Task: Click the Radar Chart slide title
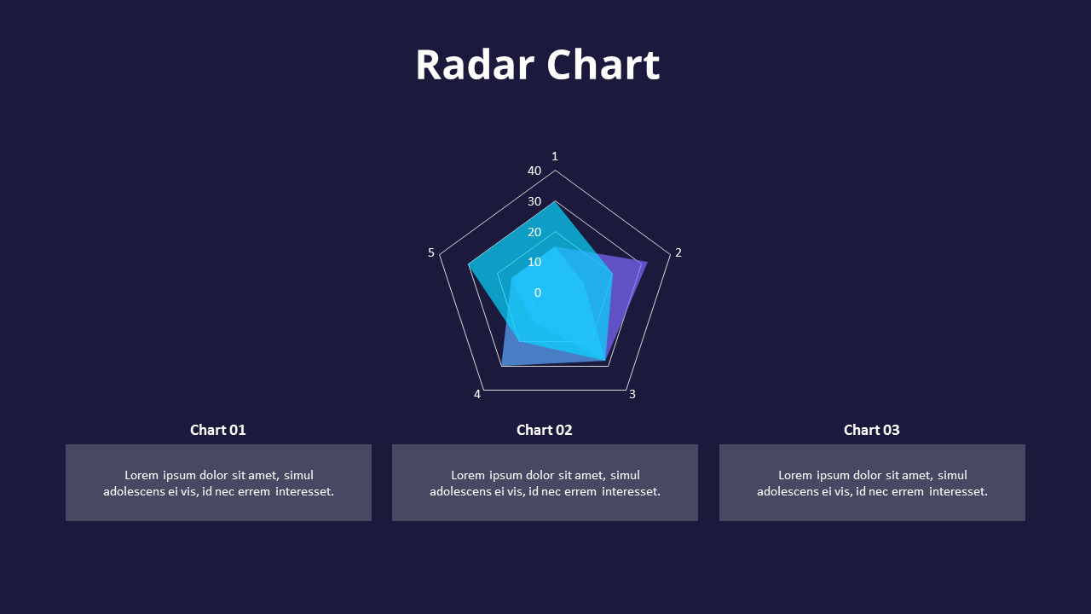click(537, 65)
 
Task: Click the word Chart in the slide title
click(603, 65)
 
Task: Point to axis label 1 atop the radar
click(555, 156)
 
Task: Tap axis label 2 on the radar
click(678, 252)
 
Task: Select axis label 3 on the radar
click(632, 394)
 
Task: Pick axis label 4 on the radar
click(477, 394)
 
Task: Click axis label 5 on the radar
click(431, 252)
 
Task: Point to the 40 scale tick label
click(534, 171)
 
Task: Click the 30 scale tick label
click(534, 202)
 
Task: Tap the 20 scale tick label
click(534, 232)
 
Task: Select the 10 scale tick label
click(534, 262)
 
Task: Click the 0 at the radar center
click(538, 293)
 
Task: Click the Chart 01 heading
click(218, 430)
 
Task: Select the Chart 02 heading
click(545, 430)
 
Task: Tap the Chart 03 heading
click(872, 430)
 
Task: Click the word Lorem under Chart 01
click(141, 475)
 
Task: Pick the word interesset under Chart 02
click(631, 491)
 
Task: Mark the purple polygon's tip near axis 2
click(646, 262)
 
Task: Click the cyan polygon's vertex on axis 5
click(469, 265)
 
